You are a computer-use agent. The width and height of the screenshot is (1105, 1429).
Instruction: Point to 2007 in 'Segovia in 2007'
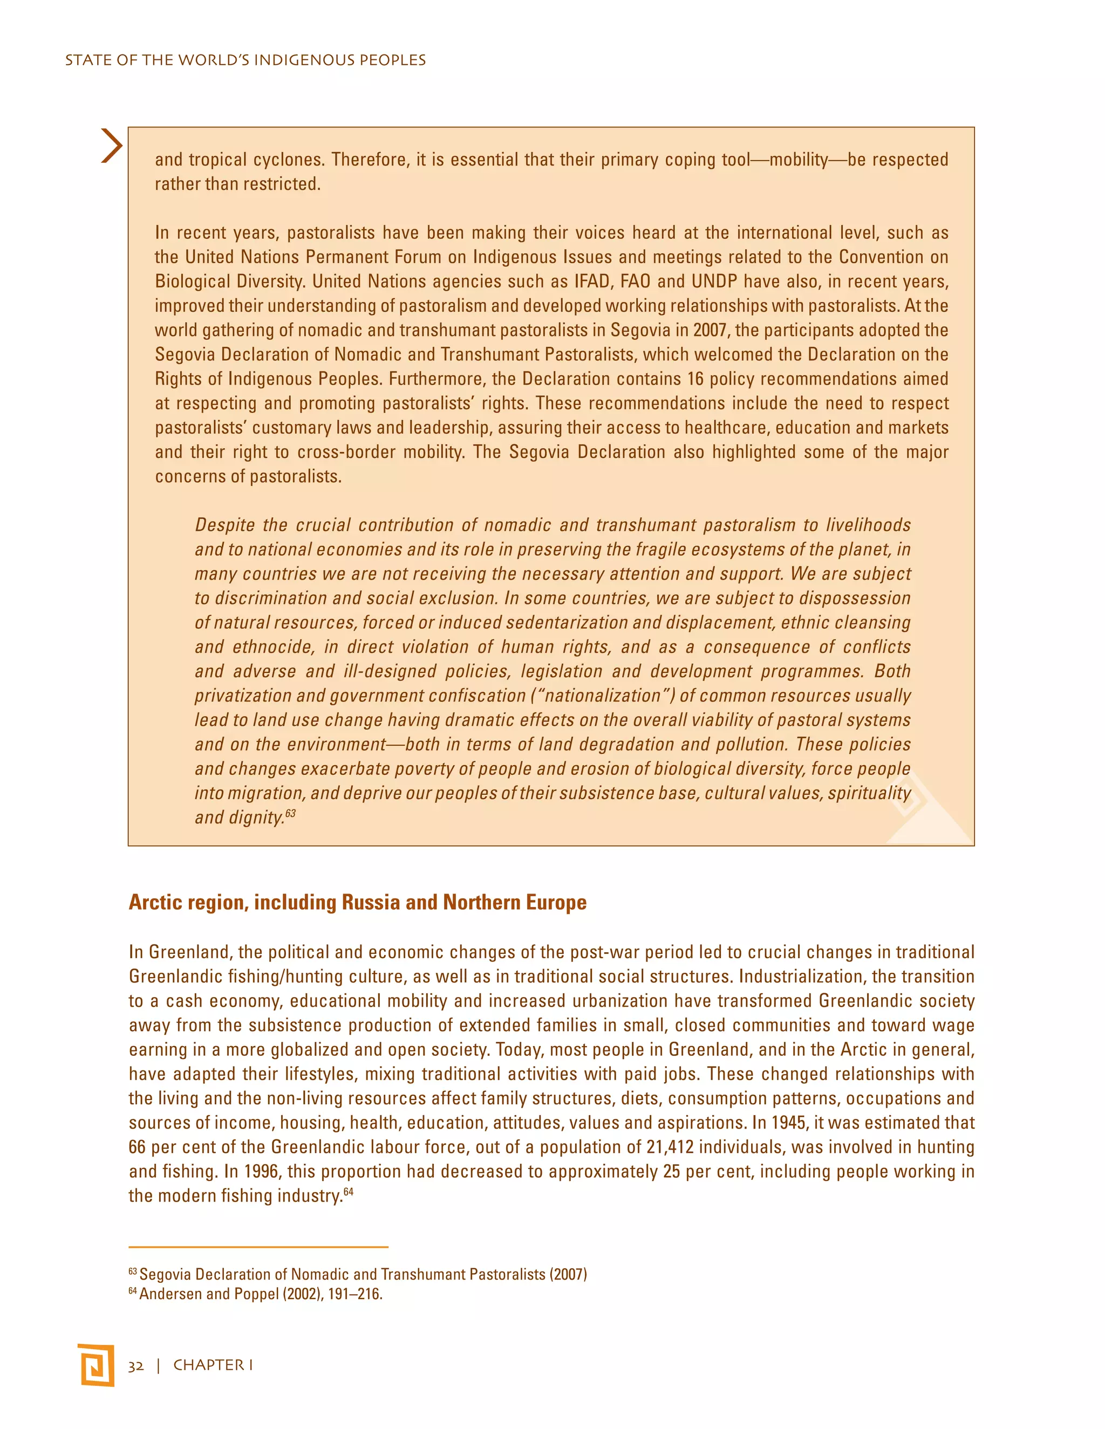[710, 330]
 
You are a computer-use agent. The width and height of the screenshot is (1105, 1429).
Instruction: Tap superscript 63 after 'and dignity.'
[291, 813]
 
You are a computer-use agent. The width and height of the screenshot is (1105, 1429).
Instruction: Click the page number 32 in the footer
[135, 1365]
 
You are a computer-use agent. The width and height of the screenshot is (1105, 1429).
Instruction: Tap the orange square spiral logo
[96, 1365]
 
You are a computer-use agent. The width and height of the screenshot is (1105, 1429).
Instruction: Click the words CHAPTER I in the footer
[213, 1365]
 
